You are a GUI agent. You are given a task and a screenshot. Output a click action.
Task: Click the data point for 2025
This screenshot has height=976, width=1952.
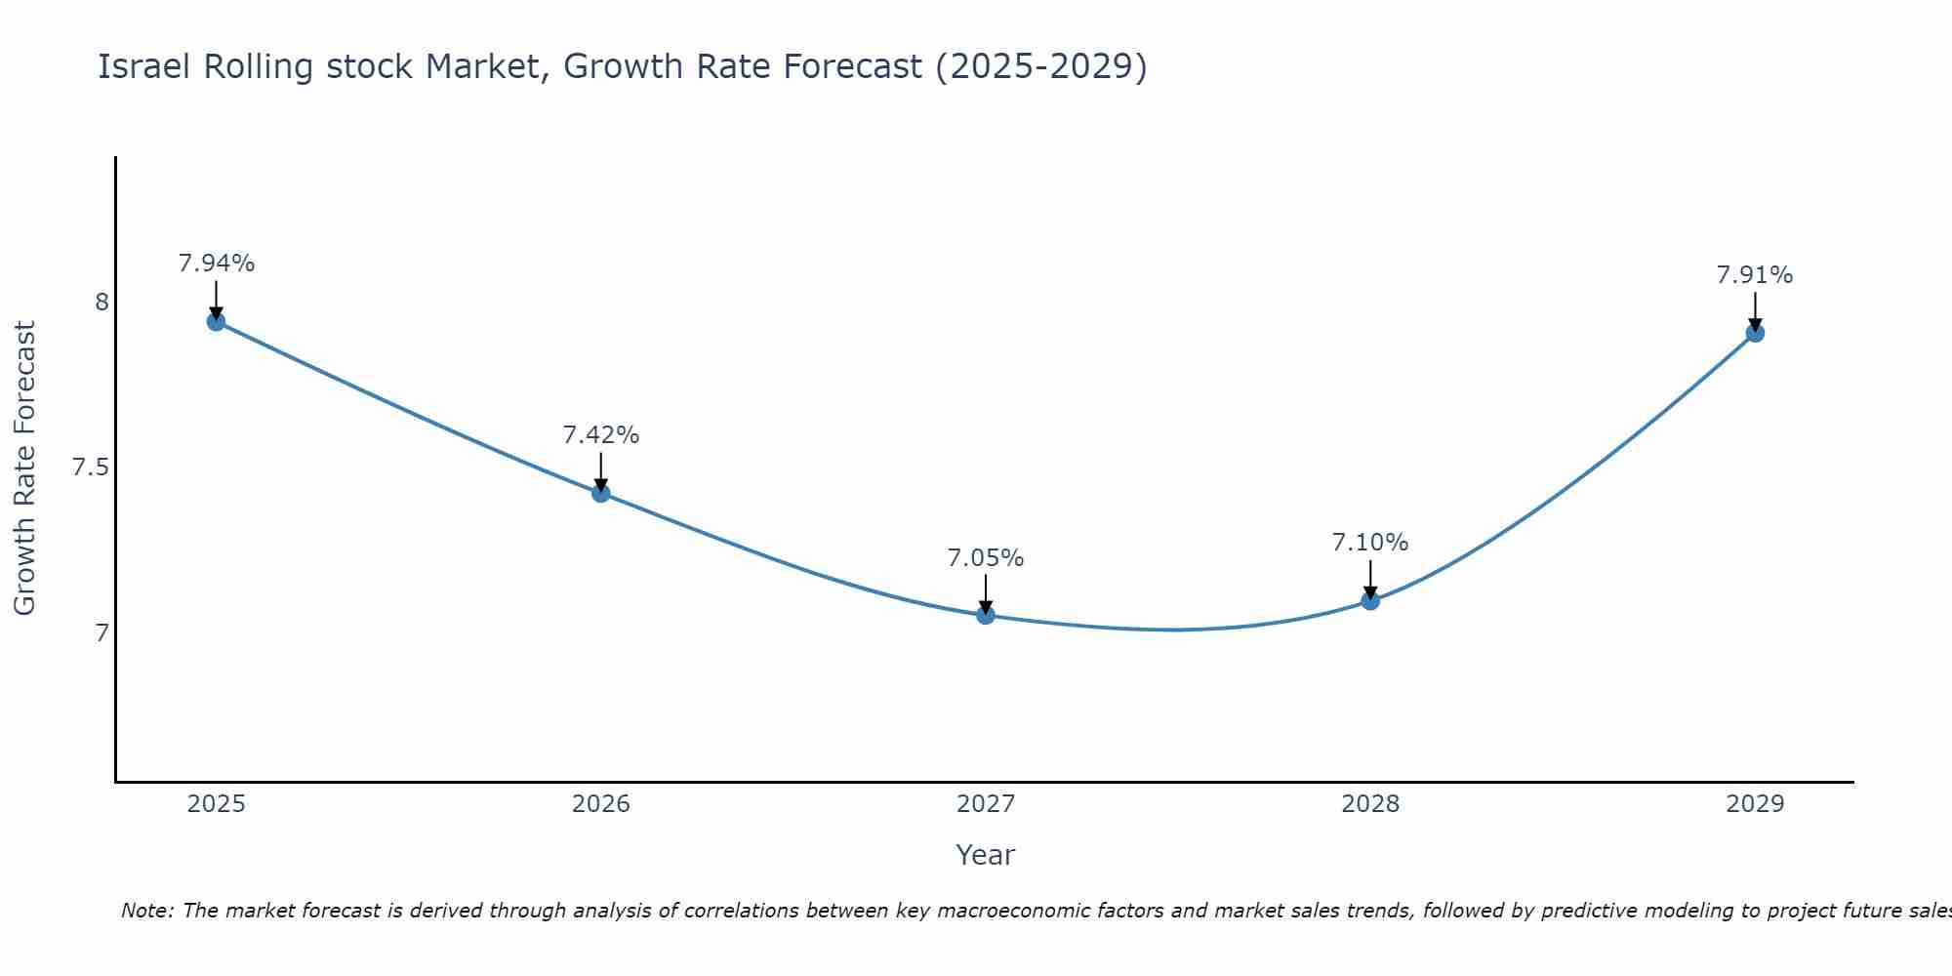pos(216,322)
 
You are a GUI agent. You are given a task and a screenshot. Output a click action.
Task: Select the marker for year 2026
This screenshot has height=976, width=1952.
pos(601,494)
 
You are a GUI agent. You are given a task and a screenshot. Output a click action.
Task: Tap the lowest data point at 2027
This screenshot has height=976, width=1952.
pos(986,615)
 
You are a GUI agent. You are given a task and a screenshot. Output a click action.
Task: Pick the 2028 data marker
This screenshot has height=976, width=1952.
pos(1370,600)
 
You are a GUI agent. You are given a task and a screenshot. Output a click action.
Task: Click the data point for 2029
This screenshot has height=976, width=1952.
pos(1755,333)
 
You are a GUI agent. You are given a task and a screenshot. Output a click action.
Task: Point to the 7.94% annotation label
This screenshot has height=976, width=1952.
pos(217,264)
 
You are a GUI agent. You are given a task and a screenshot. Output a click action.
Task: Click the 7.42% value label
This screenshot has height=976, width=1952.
pos(601,435)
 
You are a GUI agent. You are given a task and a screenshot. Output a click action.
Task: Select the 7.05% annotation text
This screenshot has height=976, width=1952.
pos(986,558)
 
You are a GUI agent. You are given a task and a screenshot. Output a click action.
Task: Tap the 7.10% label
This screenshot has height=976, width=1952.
pos(1370,543)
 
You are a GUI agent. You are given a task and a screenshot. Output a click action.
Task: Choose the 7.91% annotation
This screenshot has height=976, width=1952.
pos(1755,275)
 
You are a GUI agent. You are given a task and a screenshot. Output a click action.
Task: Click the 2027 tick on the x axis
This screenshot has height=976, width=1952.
pos(986,804)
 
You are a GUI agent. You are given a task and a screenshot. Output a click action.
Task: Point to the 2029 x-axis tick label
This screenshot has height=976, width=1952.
pos(1755,804)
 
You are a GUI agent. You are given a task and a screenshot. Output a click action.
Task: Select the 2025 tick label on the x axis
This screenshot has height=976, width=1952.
pos(216,804)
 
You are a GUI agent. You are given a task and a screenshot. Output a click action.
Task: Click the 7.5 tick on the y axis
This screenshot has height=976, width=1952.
pos(90,468)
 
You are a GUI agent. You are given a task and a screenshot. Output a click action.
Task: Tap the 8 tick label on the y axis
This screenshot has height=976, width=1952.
pos(102,303)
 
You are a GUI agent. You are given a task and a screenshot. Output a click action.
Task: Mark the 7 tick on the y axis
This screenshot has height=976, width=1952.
pos(102,633)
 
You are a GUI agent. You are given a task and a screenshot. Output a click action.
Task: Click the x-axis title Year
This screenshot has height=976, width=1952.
pos(986,855)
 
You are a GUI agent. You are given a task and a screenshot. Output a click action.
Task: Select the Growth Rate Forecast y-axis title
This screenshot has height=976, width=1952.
pos(24,468)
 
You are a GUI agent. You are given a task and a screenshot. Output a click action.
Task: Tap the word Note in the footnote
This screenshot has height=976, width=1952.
pos(146,911)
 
